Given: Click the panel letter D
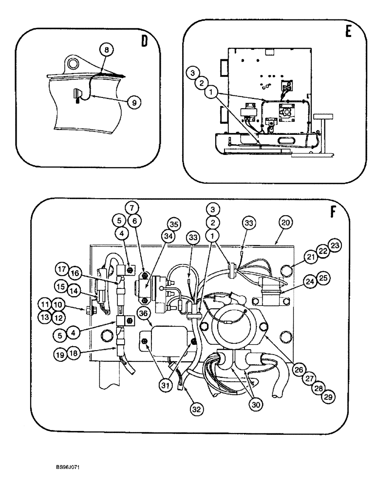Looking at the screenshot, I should tap(144, 41).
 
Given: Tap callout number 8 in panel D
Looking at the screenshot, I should tap(107, 49).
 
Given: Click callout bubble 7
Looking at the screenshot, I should tap(132, 206).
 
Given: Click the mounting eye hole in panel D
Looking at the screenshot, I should tap(74, 63).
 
